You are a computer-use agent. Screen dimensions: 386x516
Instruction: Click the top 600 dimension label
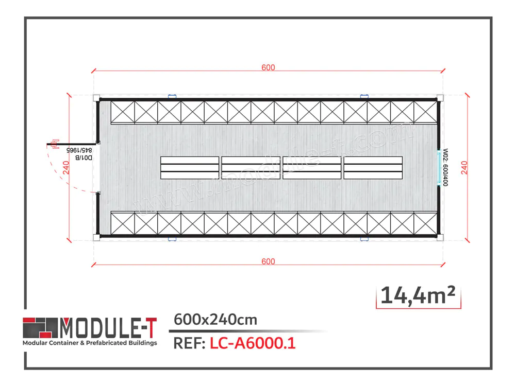tap(268, 68)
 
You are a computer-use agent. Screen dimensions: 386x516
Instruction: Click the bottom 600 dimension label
tap(268, 261)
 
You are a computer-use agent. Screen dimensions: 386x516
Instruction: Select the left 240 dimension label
tap(65, 168)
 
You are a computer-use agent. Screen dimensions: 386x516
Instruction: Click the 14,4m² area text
tap(418, 295)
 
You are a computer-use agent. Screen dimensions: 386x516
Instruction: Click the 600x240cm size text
tap(215, 320)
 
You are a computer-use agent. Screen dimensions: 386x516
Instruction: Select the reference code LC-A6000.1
tap(252, 343)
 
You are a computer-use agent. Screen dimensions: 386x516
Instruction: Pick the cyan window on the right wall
tap(440, 168)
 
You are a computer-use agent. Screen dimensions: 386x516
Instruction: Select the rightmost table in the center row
tap(373, 168)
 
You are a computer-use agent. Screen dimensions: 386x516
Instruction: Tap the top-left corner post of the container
tap(96, 98)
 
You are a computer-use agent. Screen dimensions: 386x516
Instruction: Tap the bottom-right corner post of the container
tap(440, 237)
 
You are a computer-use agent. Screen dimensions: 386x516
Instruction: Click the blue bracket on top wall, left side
tap(172, 96)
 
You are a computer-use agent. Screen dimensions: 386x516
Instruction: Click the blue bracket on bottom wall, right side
tap(364, 239)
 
